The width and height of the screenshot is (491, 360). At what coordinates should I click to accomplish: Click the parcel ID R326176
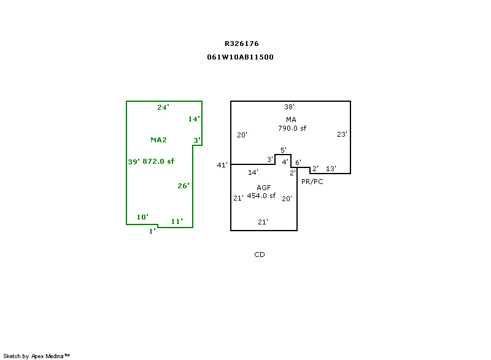pos(241,44)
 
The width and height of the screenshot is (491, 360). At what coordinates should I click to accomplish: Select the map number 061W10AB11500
pos(240,57)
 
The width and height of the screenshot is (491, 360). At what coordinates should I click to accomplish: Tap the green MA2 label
pos(158,140)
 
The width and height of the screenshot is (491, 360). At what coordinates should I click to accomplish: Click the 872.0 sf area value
pos(158,161)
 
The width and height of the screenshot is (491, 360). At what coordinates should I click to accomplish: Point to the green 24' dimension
pos(163,107)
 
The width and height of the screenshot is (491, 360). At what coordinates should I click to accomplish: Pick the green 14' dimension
pos(194,119)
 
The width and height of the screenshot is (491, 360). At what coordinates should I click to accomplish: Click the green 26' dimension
pos(183,186)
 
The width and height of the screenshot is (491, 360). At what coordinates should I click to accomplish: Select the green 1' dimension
pos(152,231)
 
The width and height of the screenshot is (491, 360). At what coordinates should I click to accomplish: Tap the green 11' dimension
pos(177,221)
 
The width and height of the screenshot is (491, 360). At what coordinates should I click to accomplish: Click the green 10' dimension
pos(142,217)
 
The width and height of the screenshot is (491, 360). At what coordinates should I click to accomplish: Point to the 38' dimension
pos(289,107)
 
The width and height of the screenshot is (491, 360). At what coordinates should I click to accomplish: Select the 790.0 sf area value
pos(292,128)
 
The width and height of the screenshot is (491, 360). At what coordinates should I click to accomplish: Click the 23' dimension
pos(342,134)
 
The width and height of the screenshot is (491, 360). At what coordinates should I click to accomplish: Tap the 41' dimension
pos(222,165)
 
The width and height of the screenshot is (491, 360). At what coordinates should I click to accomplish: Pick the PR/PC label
pos(312,182)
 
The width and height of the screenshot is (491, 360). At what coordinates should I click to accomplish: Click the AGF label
pos(264,188)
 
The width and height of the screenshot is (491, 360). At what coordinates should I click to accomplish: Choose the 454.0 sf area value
pos(261,196)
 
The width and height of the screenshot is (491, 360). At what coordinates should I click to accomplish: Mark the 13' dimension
pos(331,169)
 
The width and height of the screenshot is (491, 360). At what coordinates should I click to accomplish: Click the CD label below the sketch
pos(260,255)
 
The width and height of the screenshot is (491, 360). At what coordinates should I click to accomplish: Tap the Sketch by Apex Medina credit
pos(36,356)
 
